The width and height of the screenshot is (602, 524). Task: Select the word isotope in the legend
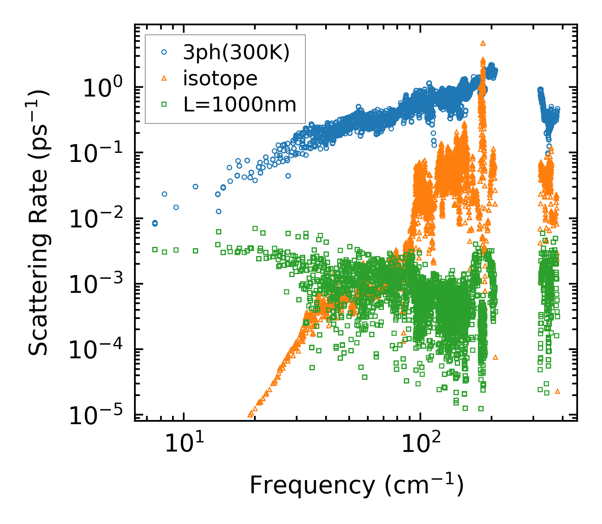coord(220,79)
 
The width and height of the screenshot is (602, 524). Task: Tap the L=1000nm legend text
coord(240,105)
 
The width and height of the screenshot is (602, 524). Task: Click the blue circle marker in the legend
coord(164,53)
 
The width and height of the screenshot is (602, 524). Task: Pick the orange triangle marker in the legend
coord(164,79)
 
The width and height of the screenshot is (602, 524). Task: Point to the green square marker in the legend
coord(164,105)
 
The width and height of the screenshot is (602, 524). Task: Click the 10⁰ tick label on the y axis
coord(102,89)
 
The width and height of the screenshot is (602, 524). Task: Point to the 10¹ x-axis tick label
coord(184,444)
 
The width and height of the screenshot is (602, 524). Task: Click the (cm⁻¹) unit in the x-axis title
coord(424,485)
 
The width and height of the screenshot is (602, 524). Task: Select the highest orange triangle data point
coord(483,43)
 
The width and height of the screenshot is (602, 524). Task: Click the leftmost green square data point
coord(155,249)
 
